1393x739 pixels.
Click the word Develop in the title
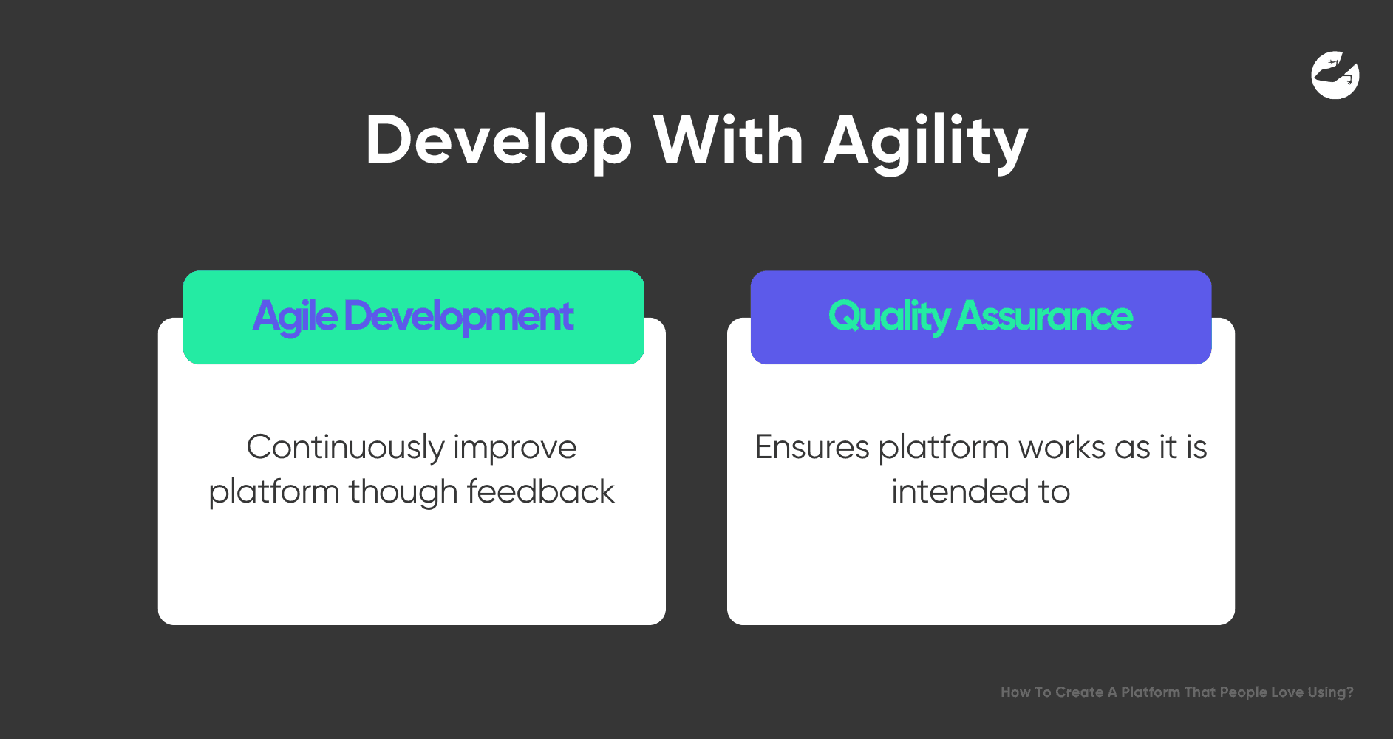point(499,141)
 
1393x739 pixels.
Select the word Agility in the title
point(926,143)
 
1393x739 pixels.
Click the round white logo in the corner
point(1335,75)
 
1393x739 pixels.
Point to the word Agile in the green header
point(295,317)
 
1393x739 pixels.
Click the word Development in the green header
point(459,317)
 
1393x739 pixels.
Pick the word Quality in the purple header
point(888,317)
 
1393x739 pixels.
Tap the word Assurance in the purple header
point(1044,316)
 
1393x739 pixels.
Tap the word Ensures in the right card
point(812,447)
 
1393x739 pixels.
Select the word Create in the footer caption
point(1079,692)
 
